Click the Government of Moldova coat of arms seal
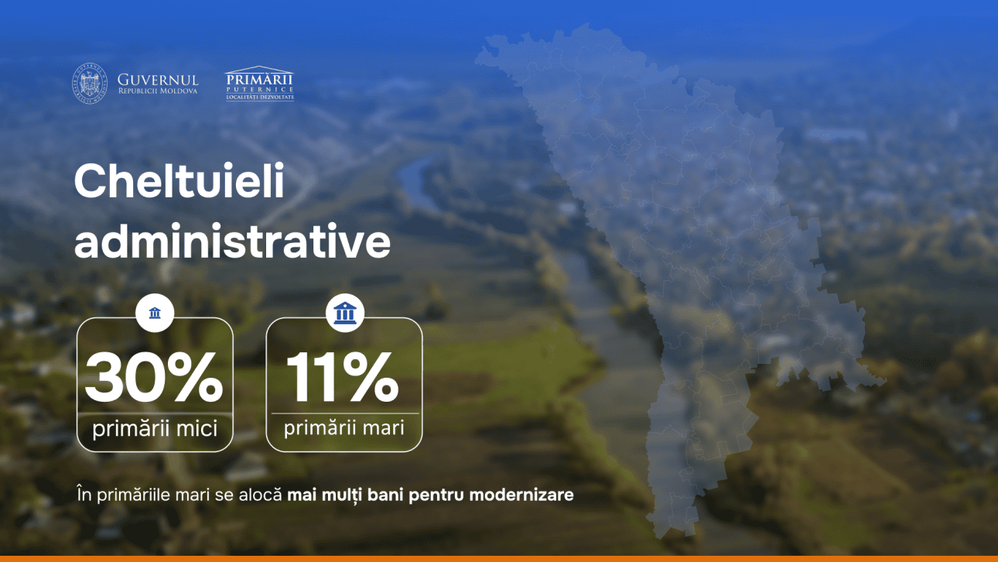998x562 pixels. click(x=90, y=84)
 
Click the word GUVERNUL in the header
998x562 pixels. click(x=158, y=81)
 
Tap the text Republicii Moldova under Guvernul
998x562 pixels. click(x=158, y=91)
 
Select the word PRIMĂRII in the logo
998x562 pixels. click(x=259, y=81)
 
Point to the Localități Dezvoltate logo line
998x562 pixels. click(x=260, y=98)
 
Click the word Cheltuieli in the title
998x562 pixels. click(x=179, y=181)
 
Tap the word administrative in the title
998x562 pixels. click(x=232, y=241)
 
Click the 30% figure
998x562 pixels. click(x=154, y=377)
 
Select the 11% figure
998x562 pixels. click(x=342, y=377)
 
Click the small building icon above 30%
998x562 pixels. click(x=155, y=313)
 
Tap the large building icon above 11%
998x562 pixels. click(x=345, y=313)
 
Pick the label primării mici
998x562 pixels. click(x=155, y=429)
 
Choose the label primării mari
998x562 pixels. click(x=344, y=428)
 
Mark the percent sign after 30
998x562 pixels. click(x=196, y=377)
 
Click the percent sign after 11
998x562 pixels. click(x=371, y=377)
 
